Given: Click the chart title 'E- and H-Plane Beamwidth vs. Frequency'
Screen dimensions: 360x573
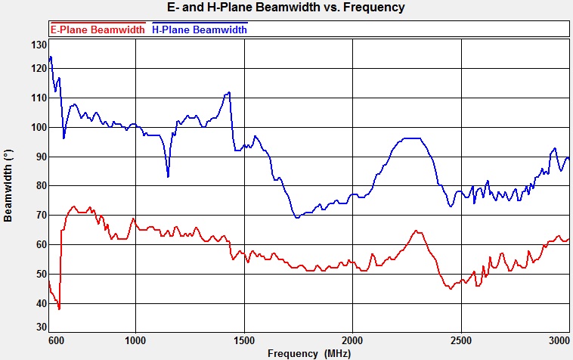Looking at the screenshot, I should click(286, 8).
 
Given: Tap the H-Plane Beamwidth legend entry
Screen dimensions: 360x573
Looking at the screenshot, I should click(200, 29).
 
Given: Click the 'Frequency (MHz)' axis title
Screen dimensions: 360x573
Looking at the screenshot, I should click(309, 352).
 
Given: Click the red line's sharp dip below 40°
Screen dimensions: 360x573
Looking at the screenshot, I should click(58, 309).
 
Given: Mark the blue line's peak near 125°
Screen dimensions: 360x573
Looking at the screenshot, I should click(51, 57).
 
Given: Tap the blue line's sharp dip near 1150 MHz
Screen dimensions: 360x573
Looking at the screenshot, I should click(168, 176).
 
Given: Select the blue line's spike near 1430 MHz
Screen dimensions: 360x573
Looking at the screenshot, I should click(228, 92).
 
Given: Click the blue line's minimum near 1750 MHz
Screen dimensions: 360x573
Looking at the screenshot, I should click(297, 218).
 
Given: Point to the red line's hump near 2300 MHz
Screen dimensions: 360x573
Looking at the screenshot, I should click(416, 231).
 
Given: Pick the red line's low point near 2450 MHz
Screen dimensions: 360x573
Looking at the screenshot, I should click(451, 288).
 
